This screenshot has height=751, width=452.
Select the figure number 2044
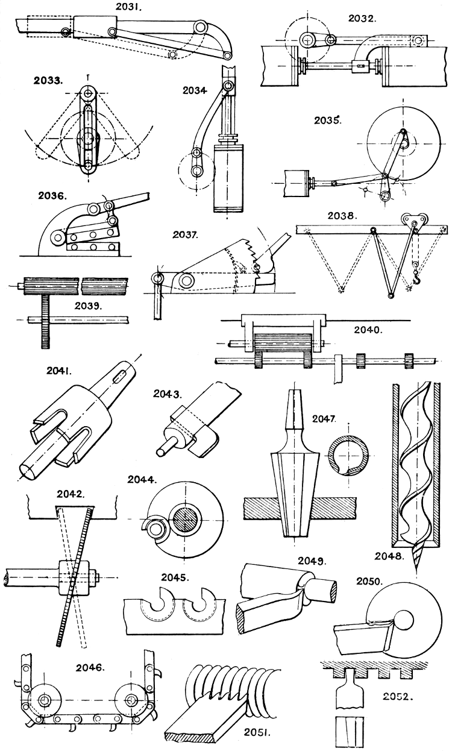tap(143, 481)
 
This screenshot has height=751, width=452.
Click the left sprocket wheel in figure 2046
tap(45, 700)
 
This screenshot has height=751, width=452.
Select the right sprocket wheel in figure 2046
tap(132, 700)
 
